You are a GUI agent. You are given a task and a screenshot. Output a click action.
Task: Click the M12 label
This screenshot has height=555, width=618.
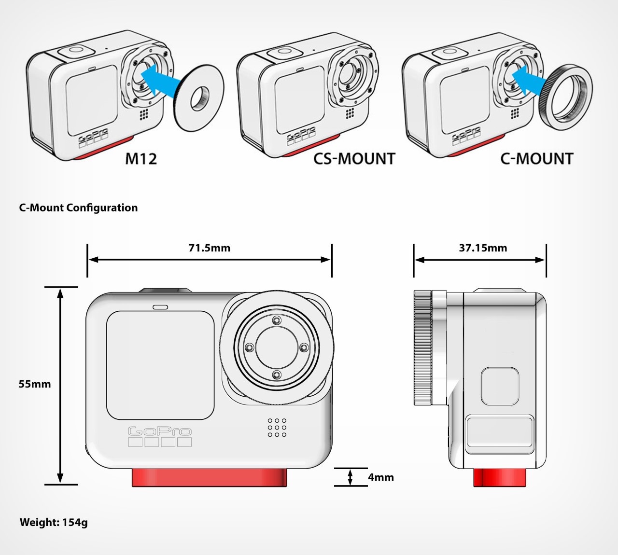(141, 159)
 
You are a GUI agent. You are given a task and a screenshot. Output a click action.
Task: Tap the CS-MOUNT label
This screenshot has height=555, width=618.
(354, 159)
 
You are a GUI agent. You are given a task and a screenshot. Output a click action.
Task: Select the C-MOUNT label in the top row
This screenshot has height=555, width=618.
(536, 159)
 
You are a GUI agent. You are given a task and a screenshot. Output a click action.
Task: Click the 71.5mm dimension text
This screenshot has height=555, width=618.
(209, 248)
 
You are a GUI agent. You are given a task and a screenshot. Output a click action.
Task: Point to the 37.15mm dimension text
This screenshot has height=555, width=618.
(483, 248)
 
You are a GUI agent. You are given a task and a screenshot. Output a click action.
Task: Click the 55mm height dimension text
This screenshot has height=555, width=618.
(35, 384)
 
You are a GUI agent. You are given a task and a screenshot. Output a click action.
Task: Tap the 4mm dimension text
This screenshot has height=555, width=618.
(381, 477)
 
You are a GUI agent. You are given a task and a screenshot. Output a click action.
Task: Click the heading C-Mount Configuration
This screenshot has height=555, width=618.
(78, 208)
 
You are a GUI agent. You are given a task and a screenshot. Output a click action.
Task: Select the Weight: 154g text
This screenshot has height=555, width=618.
(54, 522)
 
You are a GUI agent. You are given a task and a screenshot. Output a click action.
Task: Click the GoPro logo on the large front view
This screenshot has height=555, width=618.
(160, 431)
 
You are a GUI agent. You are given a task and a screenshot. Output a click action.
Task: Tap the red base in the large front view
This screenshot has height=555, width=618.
(210, 477)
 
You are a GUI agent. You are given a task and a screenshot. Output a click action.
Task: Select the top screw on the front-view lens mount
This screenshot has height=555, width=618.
(276, 320)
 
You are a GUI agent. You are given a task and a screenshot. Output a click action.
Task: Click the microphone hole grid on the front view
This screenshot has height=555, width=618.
(277, 428)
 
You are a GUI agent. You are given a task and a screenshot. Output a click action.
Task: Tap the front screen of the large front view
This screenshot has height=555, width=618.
(160, 365)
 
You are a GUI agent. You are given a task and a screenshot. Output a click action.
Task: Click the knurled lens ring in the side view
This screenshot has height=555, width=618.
(422, 347)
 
